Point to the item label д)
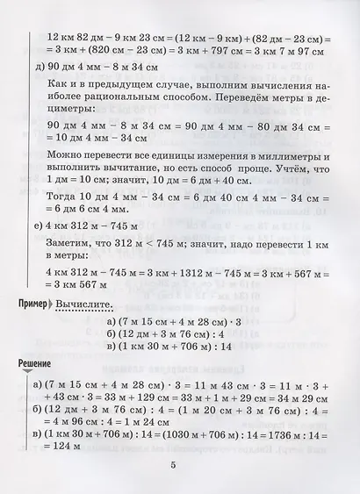click(36, 67)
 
